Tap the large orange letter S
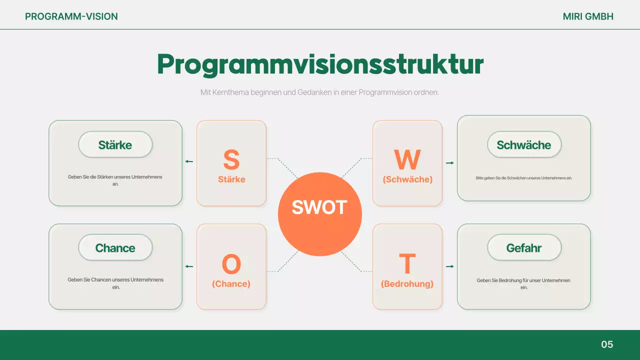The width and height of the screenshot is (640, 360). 231,159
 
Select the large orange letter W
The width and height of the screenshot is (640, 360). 407,159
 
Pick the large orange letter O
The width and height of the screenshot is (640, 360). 231,264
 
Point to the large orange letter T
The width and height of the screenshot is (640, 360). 407,264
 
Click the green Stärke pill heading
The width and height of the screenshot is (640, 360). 115,145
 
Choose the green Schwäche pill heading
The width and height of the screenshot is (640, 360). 523,145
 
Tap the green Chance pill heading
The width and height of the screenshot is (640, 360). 115,248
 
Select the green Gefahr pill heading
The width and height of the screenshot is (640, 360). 523,248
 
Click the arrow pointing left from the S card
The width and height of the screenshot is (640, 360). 189,161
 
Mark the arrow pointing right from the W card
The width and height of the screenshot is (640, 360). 449,163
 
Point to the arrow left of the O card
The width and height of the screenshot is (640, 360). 189,266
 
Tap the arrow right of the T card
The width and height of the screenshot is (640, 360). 449,266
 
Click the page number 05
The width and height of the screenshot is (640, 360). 607,344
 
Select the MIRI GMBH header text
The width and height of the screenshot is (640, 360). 588,16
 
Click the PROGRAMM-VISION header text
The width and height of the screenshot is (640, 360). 71,16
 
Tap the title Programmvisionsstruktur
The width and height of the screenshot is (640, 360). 320,64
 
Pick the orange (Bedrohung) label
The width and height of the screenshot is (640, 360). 407,284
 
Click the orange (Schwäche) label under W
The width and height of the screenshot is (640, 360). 407,179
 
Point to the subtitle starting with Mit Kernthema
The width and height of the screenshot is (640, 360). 319,92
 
